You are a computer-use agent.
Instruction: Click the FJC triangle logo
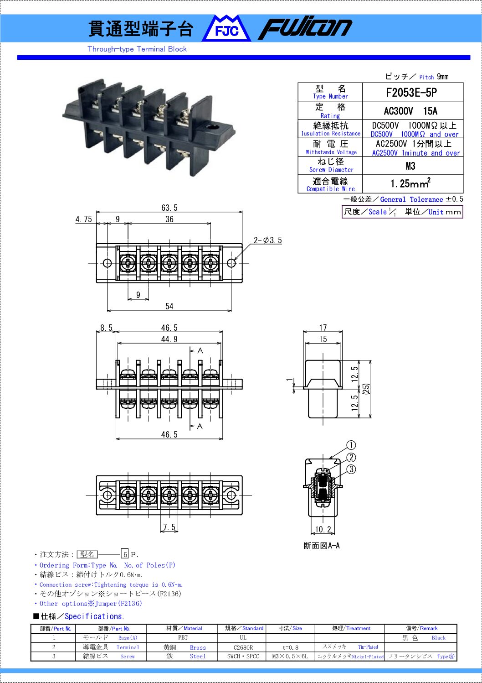coord(226,29)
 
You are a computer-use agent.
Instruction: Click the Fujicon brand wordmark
coord(305,28)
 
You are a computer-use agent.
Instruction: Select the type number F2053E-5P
coord(411,93)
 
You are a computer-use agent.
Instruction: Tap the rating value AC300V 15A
coord(410,111)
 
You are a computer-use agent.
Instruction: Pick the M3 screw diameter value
coord(410,166)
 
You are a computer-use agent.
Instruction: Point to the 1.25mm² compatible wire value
coord(410,184)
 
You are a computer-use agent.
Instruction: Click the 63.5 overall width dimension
coord(169,208)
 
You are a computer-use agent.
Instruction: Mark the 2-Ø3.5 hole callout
coord(268,240)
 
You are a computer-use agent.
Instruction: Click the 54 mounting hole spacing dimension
coord(169,307)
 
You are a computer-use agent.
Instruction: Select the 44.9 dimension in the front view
coord(169,339)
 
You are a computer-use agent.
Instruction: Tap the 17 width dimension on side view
coord(323,328)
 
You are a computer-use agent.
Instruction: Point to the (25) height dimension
coord(366,389)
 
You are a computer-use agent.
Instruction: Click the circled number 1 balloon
coord(351,445)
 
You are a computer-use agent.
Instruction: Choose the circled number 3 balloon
coord(351,469)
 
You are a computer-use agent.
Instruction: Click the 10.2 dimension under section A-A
coord(323,530)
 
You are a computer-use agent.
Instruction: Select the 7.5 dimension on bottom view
coord(169,527)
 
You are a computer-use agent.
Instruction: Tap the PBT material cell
coord(183,638)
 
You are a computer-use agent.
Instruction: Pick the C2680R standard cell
coord(243,647)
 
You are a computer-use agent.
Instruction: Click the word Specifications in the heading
coord(94,616)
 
